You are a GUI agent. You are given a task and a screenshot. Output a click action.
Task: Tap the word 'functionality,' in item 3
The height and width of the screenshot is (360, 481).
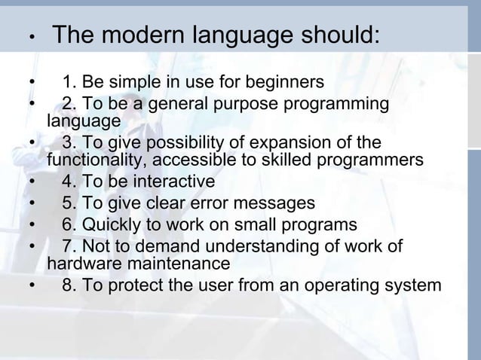pos(93,161)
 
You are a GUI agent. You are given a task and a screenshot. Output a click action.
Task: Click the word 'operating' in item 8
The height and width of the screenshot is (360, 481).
pos(352,285)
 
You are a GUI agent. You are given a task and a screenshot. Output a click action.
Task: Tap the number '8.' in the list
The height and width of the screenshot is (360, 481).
pos(70,285)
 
